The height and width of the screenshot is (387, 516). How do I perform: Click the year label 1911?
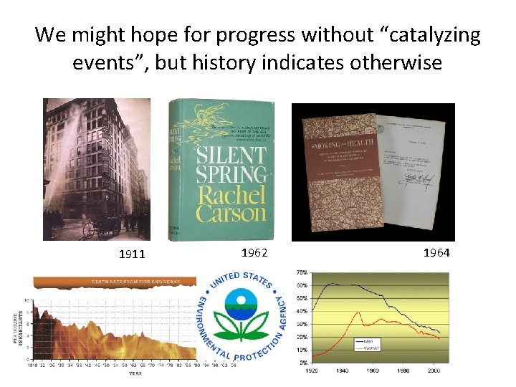tap(131, 254)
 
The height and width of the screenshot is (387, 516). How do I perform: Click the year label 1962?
tap(255, 252)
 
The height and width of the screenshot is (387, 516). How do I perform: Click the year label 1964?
tap(436, 253)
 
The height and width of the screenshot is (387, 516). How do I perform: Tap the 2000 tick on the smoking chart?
tap(432, 371)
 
